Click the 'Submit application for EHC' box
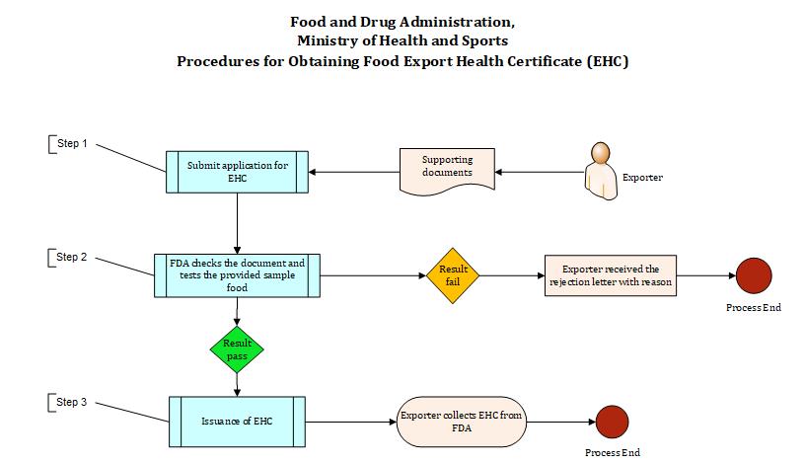point(238,173)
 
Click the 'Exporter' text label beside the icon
point(642,179)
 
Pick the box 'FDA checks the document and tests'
point(238,275)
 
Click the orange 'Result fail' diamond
point(453,274)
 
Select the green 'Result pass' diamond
point(237,348)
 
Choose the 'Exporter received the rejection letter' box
point(611,275)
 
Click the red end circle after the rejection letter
point(753,275)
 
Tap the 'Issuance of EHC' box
point(238,422)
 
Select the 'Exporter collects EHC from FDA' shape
point(461,422)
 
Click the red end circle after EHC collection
point(612,422)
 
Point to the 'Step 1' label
point(72,144)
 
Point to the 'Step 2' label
point(72,258)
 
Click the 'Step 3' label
point(72,403)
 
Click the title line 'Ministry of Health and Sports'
point(402,40)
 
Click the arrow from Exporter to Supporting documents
point(538,173)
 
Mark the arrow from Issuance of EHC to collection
point(349,422)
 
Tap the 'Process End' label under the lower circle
point(613,453)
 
